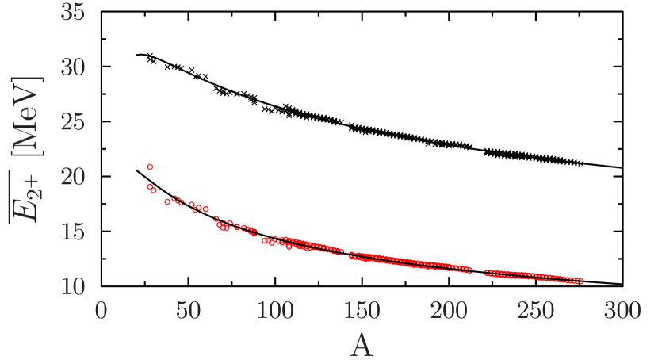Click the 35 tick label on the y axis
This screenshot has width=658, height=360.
click(73, 15)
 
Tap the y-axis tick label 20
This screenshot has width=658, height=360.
click(73, 177)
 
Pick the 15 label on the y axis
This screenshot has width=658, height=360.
click(73, 232)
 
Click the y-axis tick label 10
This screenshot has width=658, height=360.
click(73, 285)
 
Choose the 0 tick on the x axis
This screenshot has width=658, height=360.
click(101, 310)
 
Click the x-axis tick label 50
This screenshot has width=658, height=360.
click(188, 310)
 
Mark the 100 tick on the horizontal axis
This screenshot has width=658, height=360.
click(274, 310)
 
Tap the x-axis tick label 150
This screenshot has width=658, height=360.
click(362, 310)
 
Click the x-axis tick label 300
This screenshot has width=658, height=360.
click(622, 310)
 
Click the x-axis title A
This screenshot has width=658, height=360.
click(362, 344)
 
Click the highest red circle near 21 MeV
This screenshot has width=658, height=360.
click(150, 167)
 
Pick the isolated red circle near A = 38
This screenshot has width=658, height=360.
click(167, 202)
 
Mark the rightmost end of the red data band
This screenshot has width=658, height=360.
click(583, 281)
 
